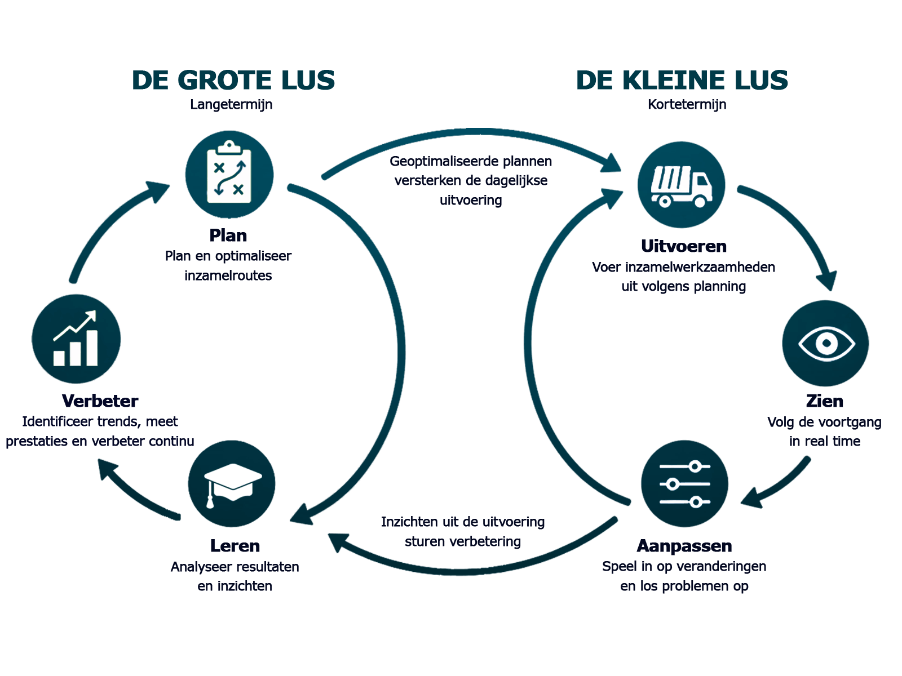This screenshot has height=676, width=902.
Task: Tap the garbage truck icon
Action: click(682, 185)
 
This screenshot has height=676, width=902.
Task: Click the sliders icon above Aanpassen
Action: click(684, 483)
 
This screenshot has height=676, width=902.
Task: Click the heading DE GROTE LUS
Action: click(233, 80)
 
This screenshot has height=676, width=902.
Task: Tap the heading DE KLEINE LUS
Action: click(682, 80)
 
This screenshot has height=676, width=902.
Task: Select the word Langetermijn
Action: click(231, 105)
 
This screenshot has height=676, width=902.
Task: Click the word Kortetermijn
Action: click(687, 105)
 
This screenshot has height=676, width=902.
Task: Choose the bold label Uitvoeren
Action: click(684, 246)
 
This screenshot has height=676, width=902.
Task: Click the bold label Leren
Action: click(235, 546)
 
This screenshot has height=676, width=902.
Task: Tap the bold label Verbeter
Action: click(100, 401)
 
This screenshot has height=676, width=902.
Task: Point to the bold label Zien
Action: click(825, 401)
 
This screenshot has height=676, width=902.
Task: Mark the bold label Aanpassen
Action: click(684, 546)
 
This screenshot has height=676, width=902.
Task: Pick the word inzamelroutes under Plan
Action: click(228, 275)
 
